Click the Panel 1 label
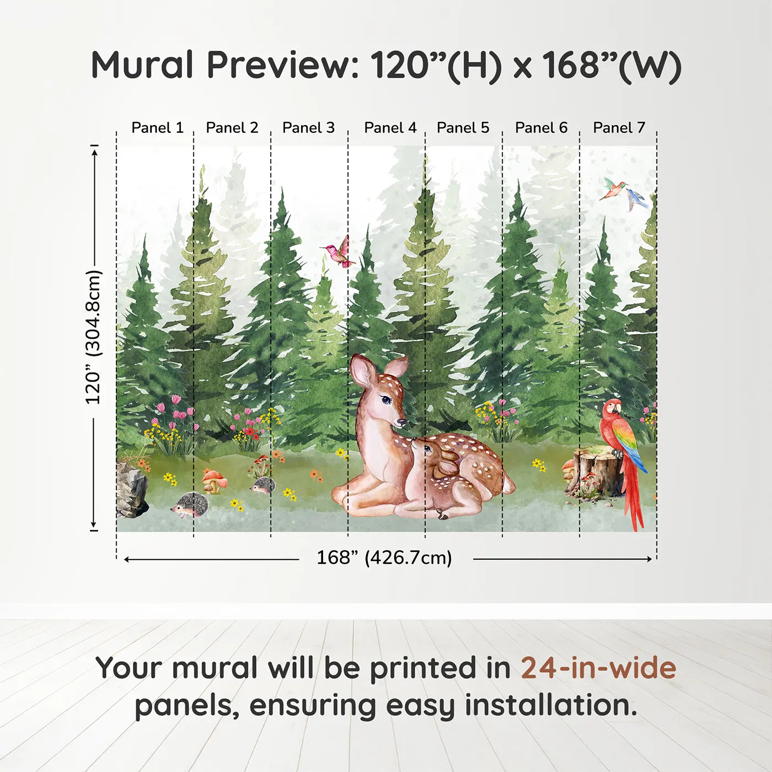point(158,128)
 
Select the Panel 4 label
point(390,128)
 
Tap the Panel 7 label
point(619,128)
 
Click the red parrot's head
point(612,408)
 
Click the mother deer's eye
point(385,399)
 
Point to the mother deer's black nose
point(401,422)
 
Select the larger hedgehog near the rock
point(190,505)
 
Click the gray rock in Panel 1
point(131,488)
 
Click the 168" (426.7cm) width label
point(384,557)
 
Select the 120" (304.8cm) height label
point(93,337)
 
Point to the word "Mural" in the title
point(142,65)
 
